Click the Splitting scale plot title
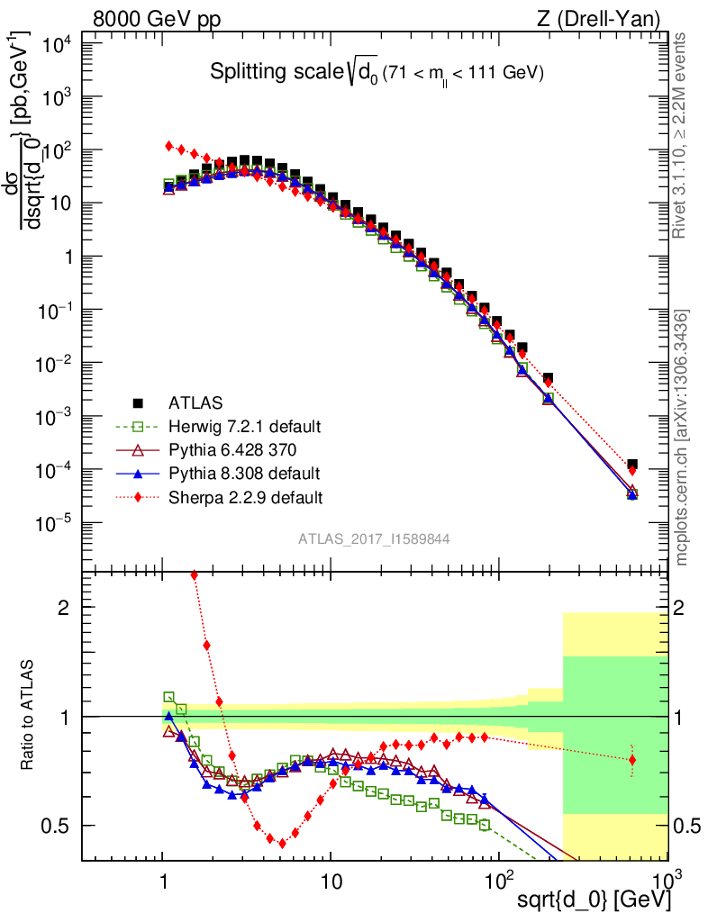point(377,74)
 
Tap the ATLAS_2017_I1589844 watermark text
point(374,539)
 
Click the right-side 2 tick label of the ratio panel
point(692,607)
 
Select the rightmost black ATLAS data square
point(632,465)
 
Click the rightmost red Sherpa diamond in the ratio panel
point(632,760)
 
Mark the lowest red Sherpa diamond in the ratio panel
point(282,844)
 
